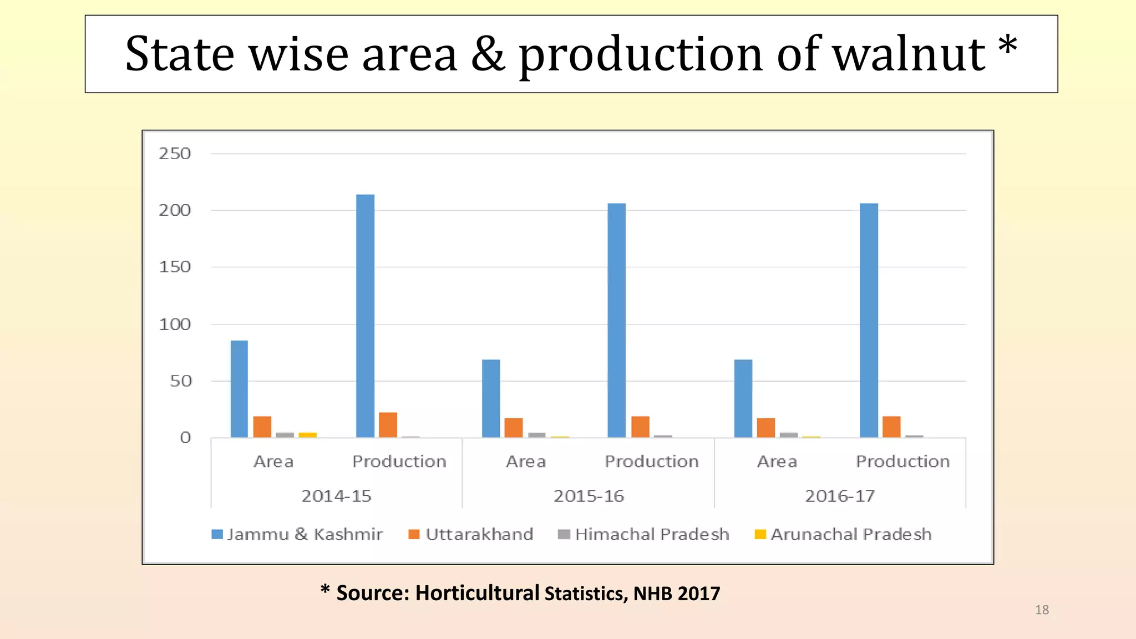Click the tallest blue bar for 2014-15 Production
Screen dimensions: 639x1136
[365, 316]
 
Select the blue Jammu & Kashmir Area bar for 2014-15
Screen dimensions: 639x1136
[239, 389]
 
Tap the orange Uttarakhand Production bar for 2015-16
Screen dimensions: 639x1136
[640, 427]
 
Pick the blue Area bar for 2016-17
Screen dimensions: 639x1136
[743, 398]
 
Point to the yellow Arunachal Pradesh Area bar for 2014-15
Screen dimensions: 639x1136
[307, 435]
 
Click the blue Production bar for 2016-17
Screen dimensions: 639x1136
[869, 320]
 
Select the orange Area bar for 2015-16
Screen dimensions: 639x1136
[514, 428]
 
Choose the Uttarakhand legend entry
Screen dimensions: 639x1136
[471, 534]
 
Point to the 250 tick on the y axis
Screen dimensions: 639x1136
[175, 154]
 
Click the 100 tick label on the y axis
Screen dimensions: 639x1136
[175, 324]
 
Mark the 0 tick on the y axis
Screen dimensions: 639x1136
[185, 438]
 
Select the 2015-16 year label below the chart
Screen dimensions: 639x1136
[589, 496]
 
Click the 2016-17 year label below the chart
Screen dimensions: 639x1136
[840, 496]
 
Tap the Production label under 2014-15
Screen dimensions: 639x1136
[399, 461]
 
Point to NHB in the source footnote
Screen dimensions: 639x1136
[653, 594]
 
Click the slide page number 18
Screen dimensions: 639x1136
[1042, 610]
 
